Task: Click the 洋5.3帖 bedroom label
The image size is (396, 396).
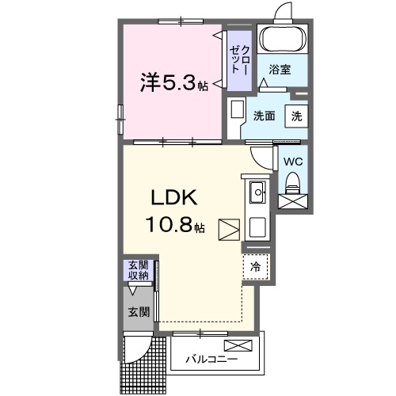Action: click(x=173, y=82)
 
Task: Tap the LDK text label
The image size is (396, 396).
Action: click(x=174, y=198)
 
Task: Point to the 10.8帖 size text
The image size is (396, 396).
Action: click(x=175, y=224)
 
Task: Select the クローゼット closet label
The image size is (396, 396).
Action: click(x=239, y=59)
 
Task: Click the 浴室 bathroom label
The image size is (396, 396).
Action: click(x=280, y=70)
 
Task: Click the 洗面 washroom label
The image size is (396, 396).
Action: click(x=265, y=116)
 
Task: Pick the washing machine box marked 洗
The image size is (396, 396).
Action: click(x=296, y=116)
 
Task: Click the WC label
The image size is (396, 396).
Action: click(x=293, y=162)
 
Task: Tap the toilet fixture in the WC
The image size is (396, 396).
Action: click(x=293, y=183)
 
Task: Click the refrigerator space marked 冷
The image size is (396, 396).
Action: click(x=256, y=267)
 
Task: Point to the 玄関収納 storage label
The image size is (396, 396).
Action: click(x=139, y=270)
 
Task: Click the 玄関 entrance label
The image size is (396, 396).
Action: click(x=139, y=312)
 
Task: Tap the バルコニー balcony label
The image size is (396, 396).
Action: click(x=211, y=359)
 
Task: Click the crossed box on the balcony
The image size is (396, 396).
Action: click(x=238, y=345)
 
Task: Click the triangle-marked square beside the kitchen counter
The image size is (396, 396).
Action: click(x=229, y=230)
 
